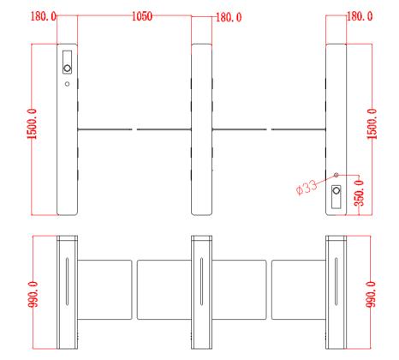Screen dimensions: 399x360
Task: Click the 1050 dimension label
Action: tap(142, 16)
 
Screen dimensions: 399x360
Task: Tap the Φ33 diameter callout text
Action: tap(307, 188)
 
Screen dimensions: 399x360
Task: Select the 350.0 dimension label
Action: tap(359, 193)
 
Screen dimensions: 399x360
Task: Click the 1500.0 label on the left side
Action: tap(32, 124)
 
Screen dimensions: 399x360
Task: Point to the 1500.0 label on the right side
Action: tap(372, 124)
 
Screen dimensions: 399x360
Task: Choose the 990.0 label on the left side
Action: tap(33, 294)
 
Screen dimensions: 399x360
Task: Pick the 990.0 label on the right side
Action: tap(371, 294)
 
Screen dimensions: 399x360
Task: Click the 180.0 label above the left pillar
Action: tap(44, 16)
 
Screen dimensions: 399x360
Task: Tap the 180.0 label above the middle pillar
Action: tap(229, 17)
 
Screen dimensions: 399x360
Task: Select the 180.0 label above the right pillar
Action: tap(360, 16)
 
